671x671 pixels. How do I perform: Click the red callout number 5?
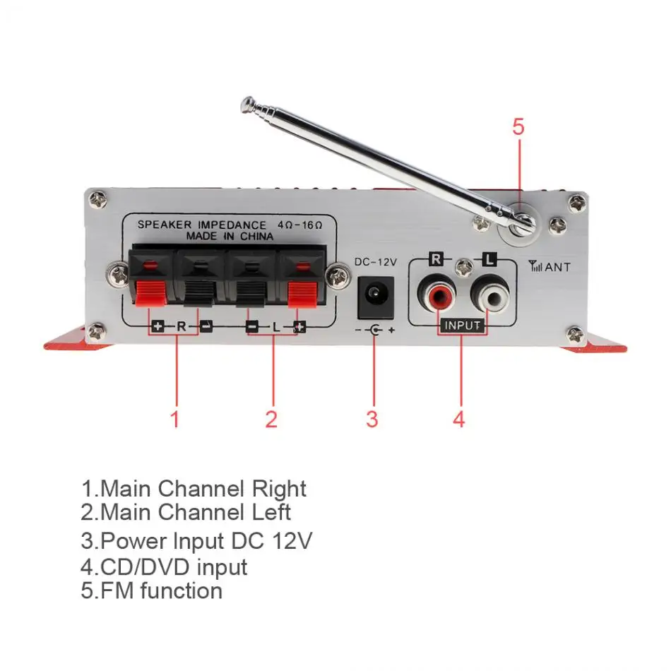(x=518, y=127)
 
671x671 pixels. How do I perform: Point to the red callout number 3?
(x=372, y=419)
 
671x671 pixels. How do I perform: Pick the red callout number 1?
(x=174, y=419)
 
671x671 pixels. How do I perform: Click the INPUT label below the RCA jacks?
(x=463, y=326)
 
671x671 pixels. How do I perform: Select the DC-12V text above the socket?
(x=375, y=262)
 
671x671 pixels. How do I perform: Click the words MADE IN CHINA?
(x=230, y=237)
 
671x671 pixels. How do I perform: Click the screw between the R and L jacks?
(x=464, y=267)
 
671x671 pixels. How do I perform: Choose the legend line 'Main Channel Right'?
(x=194, y=488)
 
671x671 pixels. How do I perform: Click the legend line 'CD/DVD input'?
(x=164, y=566)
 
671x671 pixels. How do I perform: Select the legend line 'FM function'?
(x=152, y=590)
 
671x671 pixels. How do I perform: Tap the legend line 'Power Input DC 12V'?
(x=196, y=541)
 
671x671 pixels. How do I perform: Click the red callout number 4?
(x=459, y=419)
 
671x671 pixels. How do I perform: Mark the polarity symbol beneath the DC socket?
(x=374, y=330)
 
